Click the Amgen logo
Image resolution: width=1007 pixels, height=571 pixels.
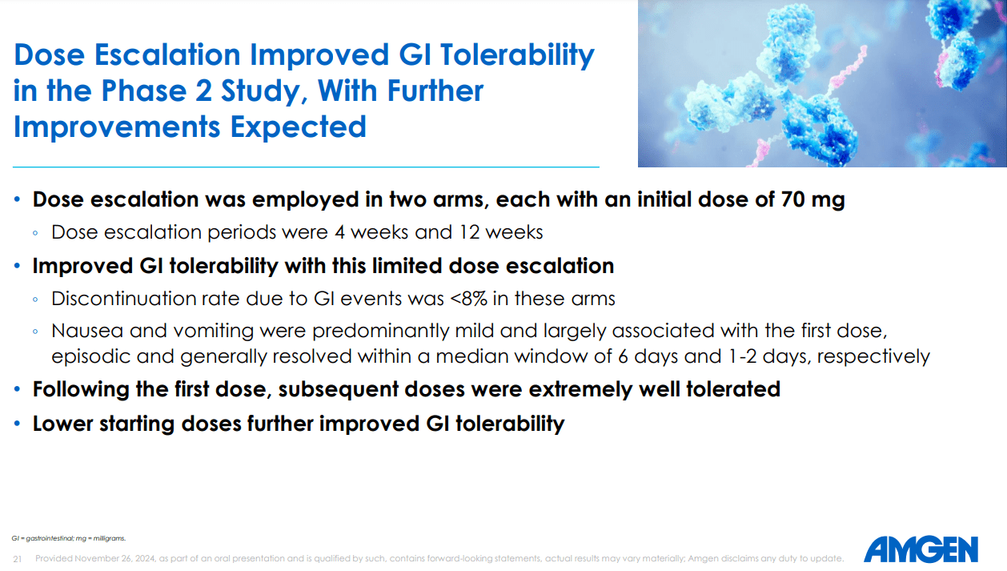(x=921, y=549)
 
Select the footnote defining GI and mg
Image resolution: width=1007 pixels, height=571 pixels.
(x=69, y=538)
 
